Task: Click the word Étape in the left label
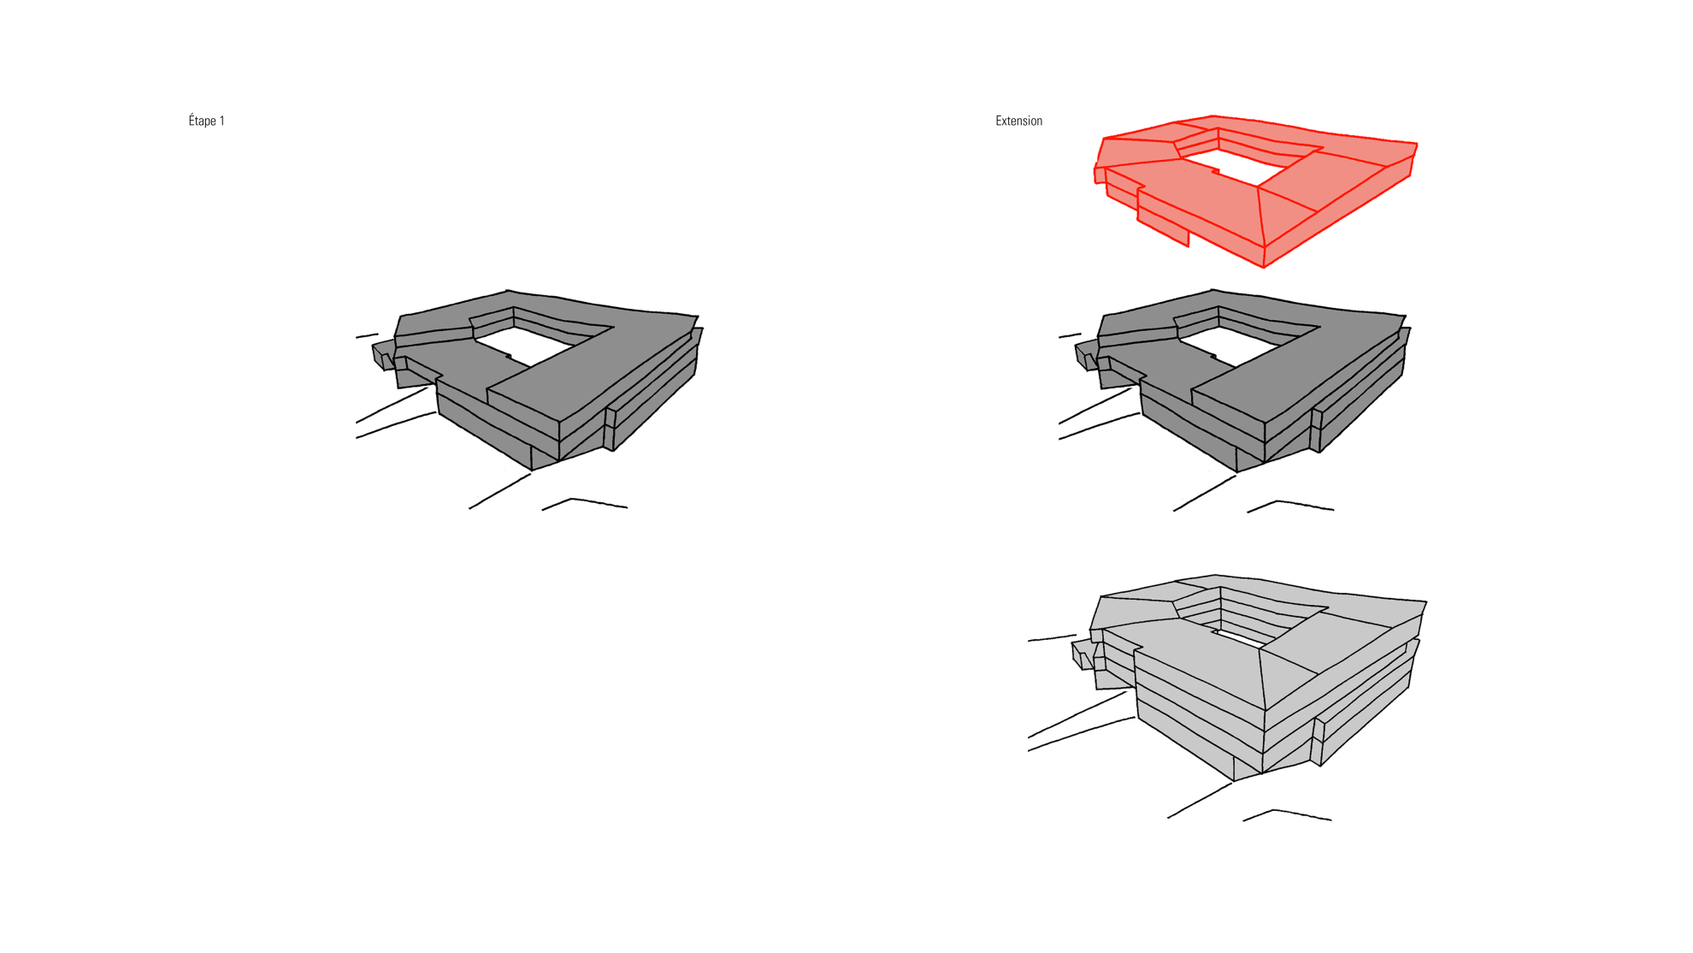(x=203, y=121)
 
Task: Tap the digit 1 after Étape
(x=222, y=121)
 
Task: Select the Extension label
(x=1018, y=121)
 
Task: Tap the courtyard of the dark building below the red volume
(x=1240, y=346)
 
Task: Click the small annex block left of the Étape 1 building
(x=384, y=354)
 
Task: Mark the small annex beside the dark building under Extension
(x=1087, y=354)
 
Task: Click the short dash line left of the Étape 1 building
(x=367, y=336)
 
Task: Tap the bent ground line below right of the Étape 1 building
(x=585, y=503)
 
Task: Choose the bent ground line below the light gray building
(x=1287, y=814)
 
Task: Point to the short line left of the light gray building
(x=1052, y=638)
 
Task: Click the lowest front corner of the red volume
(x=1264, y=267)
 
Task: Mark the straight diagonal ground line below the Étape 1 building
(x=500, y=491)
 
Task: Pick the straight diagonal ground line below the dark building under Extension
(x=1205, y=494)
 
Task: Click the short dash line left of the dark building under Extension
(x=1070, y=335)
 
